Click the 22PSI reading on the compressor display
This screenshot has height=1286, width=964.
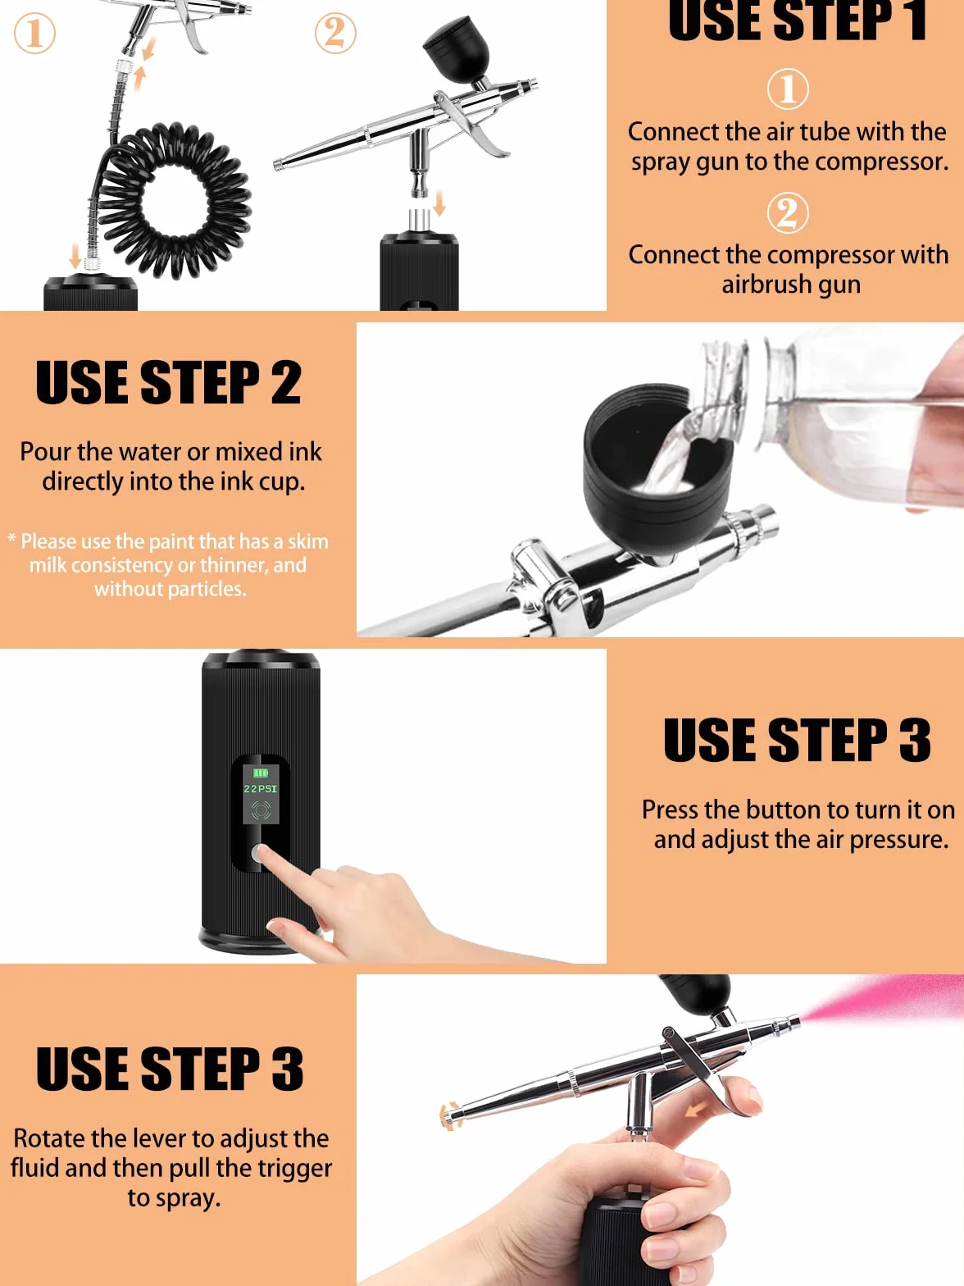click(261, 789)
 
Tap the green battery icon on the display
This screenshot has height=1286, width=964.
click(261, 773)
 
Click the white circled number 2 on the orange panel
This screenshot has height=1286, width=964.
click(788, 212)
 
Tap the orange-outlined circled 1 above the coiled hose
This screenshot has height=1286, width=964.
click(34, 33)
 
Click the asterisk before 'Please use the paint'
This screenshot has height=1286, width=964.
click(11, 537)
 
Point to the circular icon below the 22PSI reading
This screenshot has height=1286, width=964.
click(261, 811)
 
